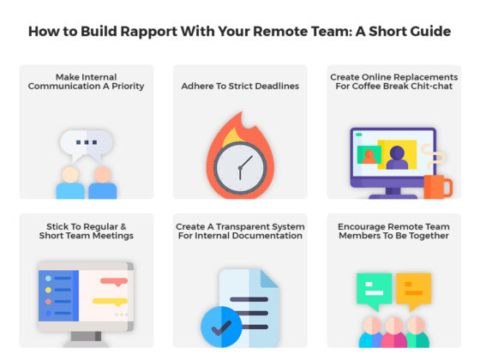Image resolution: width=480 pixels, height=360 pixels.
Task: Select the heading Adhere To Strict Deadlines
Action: click(x=240, y=86)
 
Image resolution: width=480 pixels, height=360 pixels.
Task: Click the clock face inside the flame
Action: click(x=240, y=165)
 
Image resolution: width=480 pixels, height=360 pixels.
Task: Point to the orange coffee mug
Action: click(x=436, y=186)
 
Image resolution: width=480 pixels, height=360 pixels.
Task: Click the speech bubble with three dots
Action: click(x=87, y=143)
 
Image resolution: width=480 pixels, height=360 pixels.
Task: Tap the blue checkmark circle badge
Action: click(x=221, y=326)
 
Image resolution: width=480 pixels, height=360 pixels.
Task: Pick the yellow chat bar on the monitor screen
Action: click(x=109, y=301)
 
